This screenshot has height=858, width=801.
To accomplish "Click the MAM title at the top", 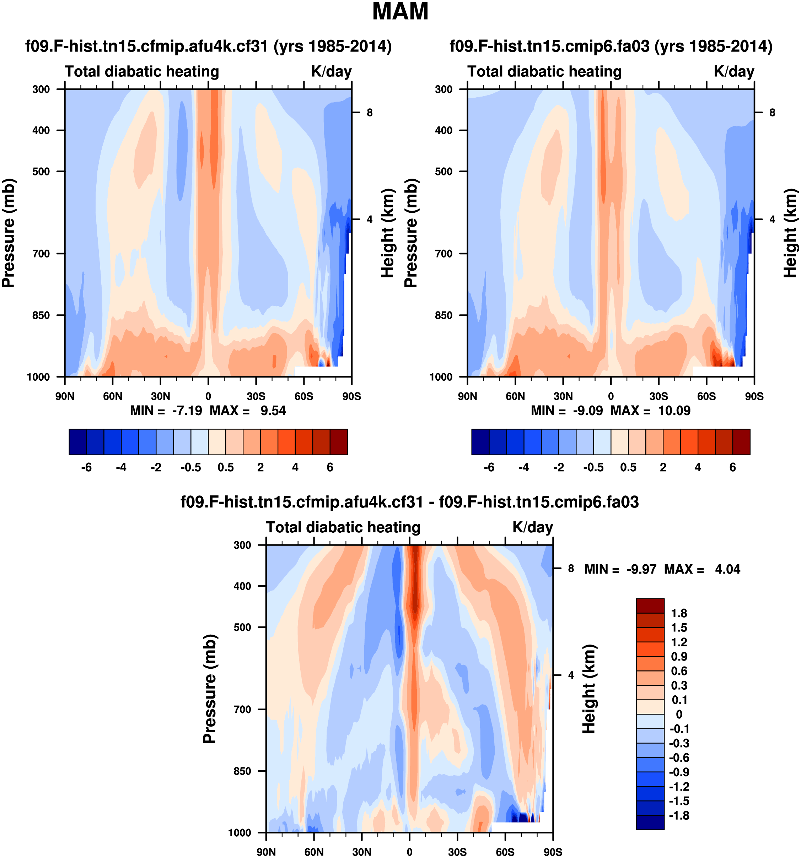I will pyautogui.click(x=400, y=12).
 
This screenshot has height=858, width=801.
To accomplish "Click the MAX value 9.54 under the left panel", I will pyautogui.click(x=273, y=411).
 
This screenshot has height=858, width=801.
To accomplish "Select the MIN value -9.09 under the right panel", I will pyautogui.click(x=587, y=411).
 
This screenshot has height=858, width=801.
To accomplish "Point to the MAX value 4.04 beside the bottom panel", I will pyautogui.click(x=727, y=569).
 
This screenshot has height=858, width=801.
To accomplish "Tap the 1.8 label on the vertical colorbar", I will pyautogui.click(x=679, y=613).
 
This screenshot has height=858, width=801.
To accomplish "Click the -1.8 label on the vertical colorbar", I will pyautogui.click(x=679, y=815).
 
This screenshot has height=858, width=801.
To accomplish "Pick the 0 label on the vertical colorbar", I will pyautogui.click(x=679, y=714).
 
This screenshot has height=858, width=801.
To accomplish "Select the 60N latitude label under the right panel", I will pyautogui.click(x=515, y=396).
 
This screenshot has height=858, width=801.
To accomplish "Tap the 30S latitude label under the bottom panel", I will pyautogui.click(x=457, y=852).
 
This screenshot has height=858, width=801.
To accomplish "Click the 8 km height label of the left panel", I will pyautogui.click(x=370, y=113).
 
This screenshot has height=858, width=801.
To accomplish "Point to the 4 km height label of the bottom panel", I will pyautogui.click(x=571, y=675).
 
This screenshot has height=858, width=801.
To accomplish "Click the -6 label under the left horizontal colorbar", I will pyautogui.click(x=86, y=467).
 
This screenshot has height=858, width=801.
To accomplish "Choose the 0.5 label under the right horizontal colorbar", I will pyautogui.click(x=628, y=467).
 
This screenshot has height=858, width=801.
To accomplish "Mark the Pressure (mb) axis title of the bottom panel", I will pyautogui.click(x=209, y=689).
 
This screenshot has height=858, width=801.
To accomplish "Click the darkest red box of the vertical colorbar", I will pyautogui.click(x=650, y=606).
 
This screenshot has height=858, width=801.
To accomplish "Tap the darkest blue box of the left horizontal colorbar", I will pyautogui.click(x=78, y=442).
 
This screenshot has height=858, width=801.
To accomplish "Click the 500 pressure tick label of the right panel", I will pyautogui.click(x=443, y=171).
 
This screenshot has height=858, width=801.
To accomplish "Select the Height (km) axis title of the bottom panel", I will pyautogui.click(x=589, y=689).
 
